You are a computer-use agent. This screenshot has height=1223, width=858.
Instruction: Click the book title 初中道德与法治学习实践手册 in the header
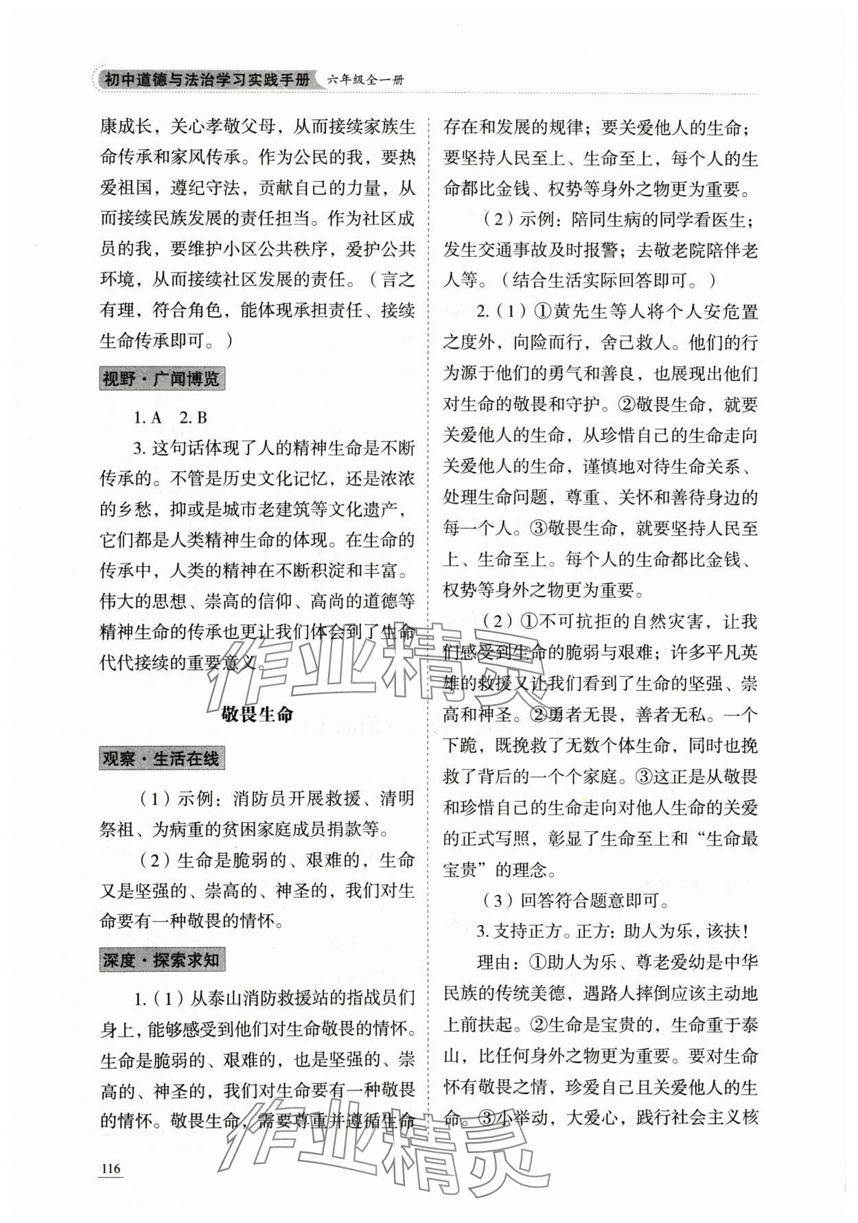coord(207,80)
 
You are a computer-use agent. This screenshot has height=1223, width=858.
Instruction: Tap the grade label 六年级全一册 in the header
coord(366,80)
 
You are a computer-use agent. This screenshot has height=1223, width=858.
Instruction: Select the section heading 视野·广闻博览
coord(162,378)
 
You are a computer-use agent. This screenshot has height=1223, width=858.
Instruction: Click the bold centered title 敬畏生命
coord(257,714)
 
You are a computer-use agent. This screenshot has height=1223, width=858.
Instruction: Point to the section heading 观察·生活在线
coord(162,758)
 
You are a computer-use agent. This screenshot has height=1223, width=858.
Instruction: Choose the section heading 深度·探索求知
coord(162,960)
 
